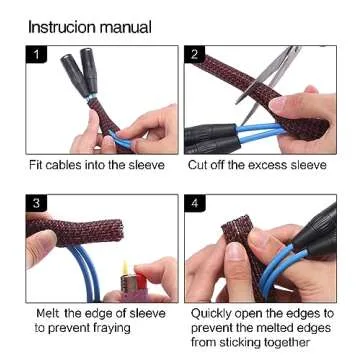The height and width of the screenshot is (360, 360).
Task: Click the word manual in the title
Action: (x=127, y=26)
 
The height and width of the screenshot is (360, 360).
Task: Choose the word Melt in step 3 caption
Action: (x=49, y=313)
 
